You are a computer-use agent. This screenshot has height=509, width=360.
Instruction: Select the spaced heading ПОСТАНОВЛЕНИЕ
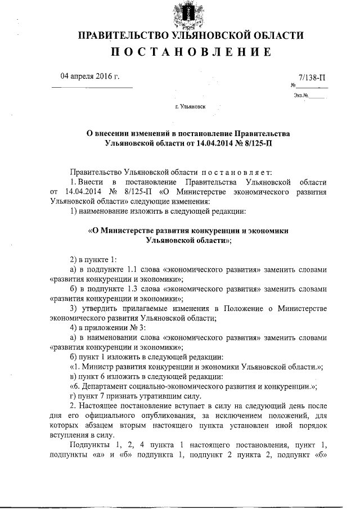(x=191, y=53)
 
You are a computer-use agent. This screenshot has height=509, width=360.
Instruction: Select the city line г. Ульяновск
(x=191, y=106)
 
